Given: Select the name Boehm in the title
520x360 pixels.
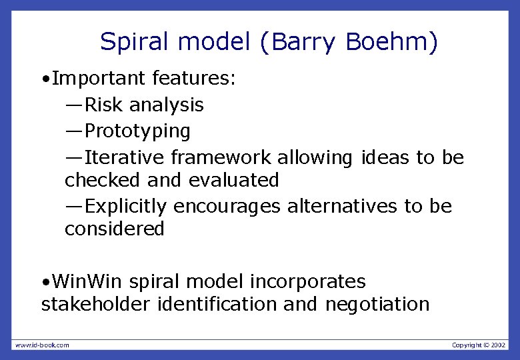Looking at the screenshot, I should [388, 43].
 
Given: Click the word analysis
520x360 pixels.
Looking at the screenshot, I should [167, 105].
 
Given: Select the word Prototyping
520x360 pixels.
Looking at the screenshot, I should [138, 131].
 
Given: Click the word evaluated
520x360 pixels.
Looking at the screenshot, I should [233, 180].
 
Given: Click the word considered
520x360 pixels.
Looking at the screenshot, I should [114, 229].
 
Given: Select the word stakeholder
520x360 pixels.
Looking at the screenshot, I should [96, 304].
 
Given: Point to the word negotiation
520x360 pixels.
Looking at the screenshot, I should [377, 304].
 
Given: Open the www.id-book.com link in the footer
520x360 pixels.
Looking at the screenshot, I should [41, 345].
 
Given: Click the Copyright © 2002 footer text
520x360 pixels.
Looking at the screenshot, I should [479, 345].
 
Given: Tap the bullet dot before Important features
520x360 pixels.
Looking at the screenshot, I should [44, 79].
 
